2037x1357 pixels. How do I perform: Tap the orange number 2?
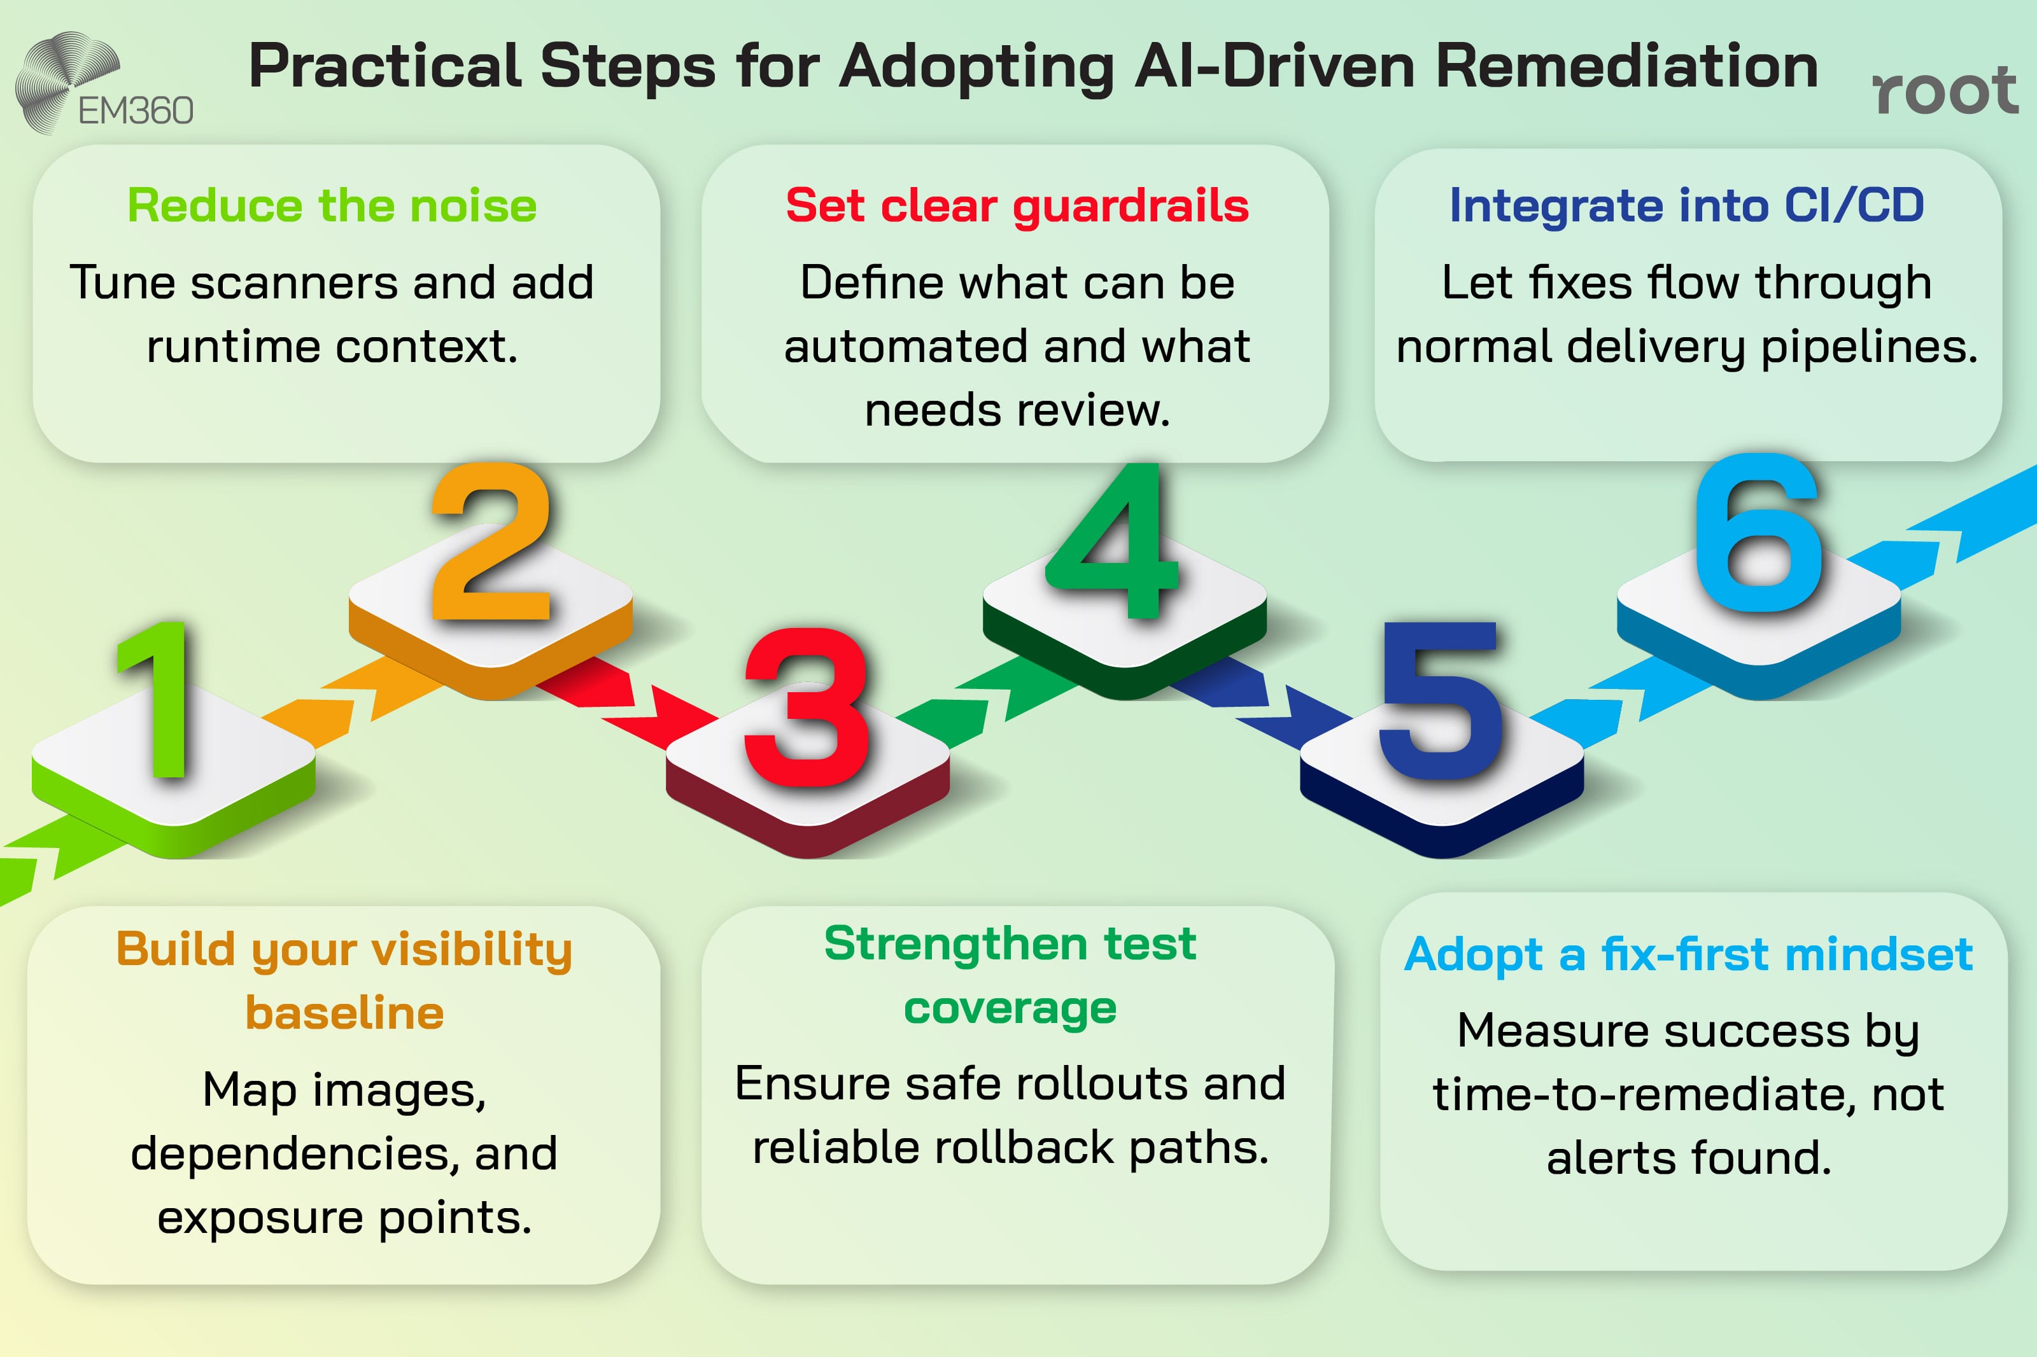tap(491, 543)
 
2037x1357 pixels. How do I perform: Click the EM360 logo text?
tap(136, 111)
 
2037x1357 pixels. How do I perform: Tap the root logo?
tap(1944, 91)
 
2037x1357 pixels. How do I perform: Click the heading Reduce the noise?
tap(332, 206)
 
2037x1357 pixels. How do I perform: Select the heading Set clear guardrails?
tap(1017, 206)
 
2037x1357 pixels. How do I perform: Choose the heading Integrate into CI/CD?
tap(1686, 206)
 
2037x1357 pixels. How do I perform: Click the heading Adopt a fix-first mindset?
tap(1688, 954)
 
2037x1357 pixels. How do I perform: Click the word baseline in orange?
tap(344, 1013)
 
